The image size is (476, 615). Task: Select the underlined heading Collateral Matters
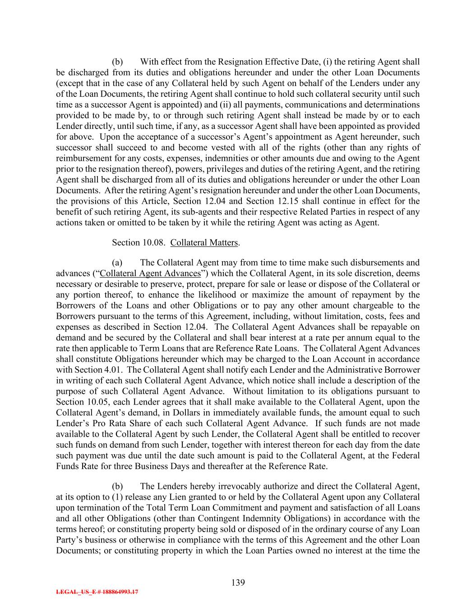pyautogui.click(x=204, y=242)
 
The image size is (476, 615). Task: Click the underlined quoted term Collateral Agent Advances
pyautogui.click(x=150, y=273)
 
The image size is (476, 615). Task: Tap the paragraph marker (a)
pyautogui.click(x=117, y=262)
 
